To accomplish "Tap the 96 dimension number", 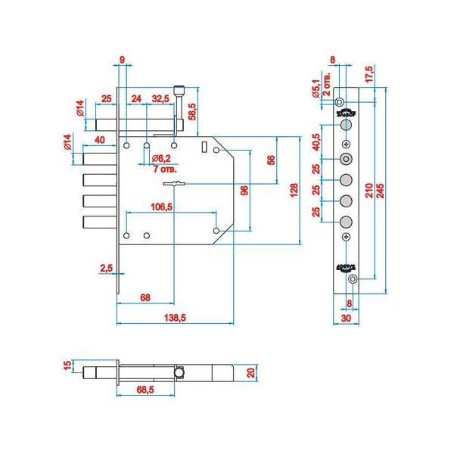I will [x=244, y=190].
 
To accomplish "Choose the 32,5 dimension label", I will [x=160, y=99].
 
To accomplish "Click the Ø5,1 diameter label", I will [x=316, y=89].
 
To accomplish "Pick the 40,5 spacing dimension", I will [x=316, y=142].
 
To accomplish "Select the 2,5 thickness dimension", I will [x=106, y=268].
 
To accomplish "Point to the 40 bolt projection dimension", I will [x=99, y=140].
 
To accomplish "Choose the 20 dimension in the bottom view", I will [x=252, y=372].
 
